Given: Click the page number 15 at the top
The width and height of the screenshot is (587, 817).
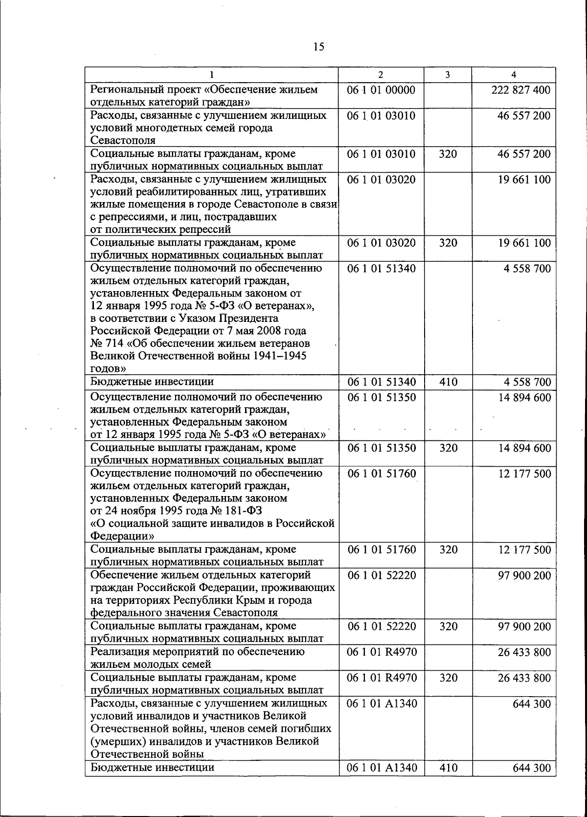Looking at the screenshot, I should (318, 47).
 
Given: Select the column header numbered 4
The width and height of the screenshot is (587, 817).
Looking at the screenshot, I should (513, 74).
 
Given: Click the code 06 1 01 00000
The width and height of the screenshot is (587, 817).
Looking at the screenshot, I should (381, 90).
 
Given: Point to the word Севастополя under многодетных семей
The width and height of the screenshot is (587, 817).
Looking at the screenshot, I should (123, 140).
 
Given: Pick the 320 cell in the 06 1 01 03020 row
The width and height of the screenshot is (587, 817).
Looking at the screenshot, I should (448, 243).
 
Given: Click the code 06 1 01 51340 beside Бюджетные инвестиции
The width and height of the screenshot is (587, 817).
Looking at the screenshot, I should (382, 382).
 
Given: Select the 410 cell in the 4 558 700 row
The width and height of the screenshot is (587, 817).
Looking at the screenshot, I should (448, 382).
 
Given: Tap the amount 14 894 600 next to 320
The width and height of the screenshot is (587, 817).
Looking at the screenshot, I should (524, 448).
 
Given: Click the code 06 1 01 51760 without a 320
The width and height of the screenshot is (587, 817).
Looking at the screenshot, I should (382, 474).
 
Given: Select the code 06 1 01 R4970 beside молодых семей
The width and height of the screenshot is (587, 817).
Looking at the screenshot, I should (382, 652).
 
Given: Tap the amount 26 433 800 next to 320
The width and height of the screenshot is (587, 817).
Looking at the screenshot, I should (524, 678).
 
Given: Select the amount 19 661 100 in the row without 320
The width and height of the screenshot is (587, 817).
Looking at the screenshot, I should (524, 180).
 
